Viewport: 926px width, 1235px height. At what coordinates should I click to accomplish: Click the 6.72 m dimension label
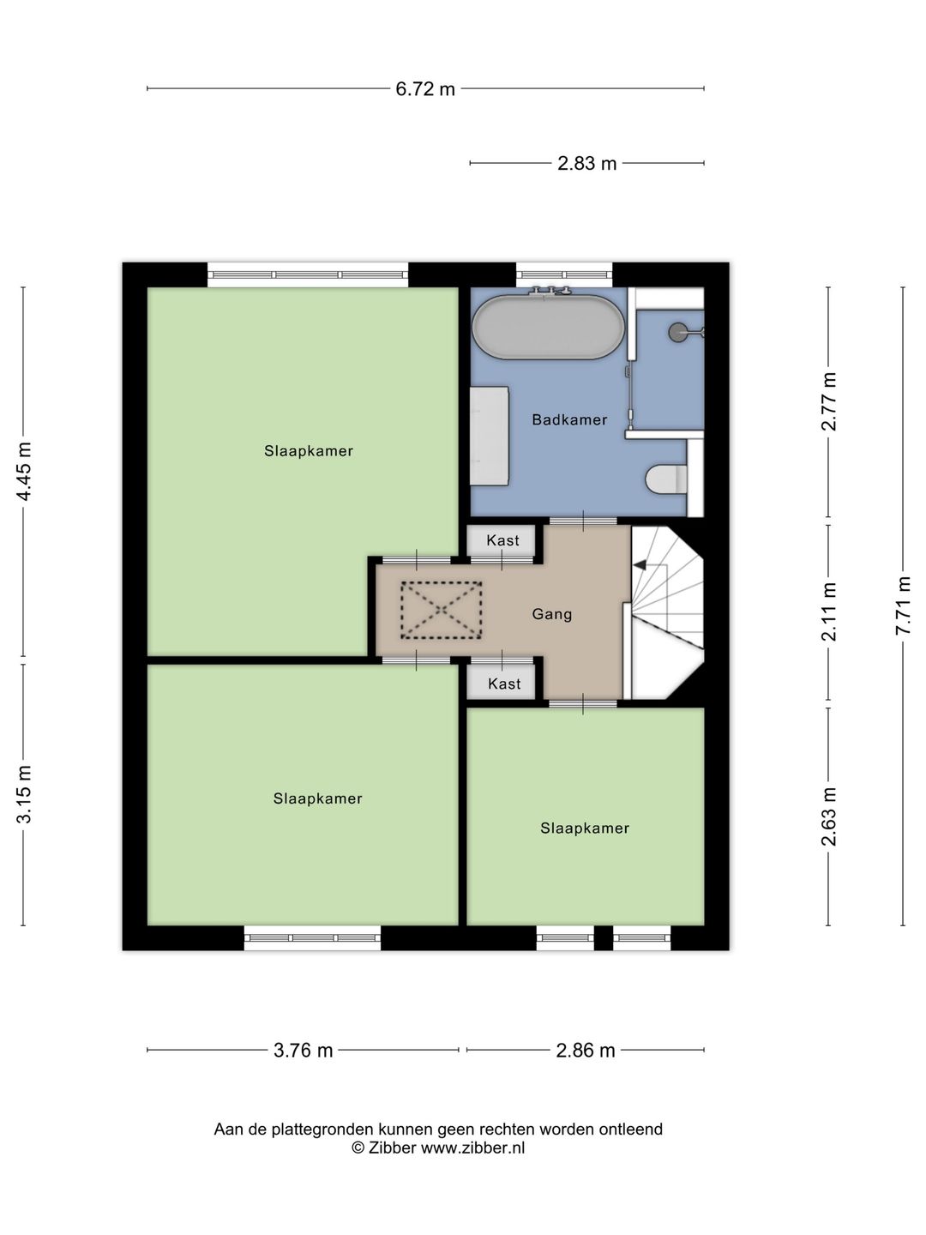[x=425, y=89]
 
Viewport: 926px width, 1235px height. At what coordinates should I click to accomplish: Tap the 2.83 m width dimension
[x=587, y=163]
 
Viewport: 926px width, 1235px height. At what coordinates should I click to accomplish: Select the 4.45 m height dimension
[x=24, y=472]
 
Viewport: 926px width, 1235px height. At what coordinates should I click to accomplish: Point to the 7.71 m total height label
[x=903, y=605]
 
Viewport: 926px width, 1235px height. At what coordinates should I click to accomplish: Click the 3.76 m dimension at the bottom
[x=303, y=1050]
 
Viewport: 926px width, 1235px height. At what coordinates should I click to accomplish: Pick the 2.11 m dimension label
[x=829, y=611]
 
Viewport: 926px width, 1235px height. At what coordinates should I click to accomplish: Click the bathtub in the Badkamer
[x=548, y=327]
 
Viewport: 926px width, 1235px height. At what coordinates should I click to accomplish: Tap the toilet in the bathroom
[x=667, y=479]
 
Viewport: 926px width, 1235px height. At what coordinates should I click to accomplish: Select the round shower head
[x=678, y=332]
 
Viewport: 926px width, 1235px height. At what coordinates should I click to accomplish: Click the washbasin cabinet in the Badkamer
[x=489, y=436]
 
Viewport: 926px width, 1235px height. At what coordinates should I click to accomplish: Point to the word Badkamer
[x=569, y=419]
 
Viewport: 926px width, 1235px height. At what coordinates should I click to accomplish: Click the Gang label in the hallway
[x=552, y=614]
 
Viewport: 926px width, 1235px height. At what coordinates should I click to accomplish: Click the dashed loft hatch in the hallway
[x=441, y=610]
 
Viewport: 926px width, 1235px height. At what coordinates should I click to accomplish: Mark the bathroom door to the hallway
[x=583, y=521]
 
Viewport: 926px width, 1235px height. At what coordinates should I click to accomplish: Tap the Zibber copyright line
[x=438, y=1148]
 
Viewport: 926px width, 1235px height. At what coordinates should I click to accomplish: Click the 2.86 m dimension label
[x=586, y=1050]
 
